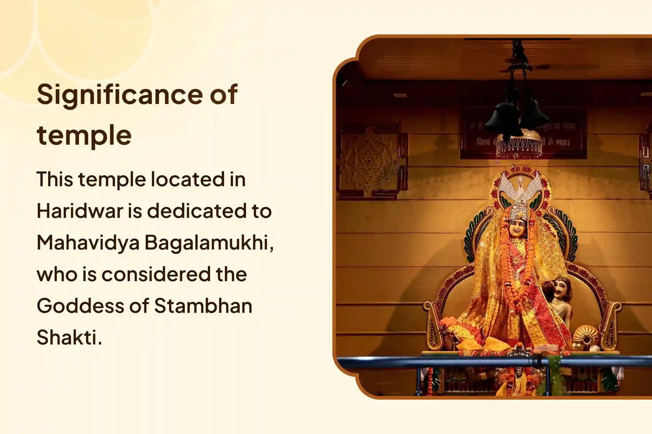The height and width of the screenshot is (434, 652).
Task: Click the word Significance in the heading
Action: [x=119, y=95]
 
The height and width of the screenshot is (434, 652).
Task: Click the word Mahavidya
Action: [x=88, y=243]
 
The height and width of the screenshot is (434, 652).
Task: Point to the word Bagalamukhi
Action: [x=209, y=243]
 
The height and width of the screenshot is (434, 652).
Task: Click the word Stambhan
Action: [x=203, y=306]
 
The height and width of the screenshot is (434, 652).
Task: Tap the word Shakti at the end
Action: [x=69, y=338]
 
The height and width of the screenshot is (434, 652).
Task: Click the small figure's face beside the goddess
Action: [x=559, y=289]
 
